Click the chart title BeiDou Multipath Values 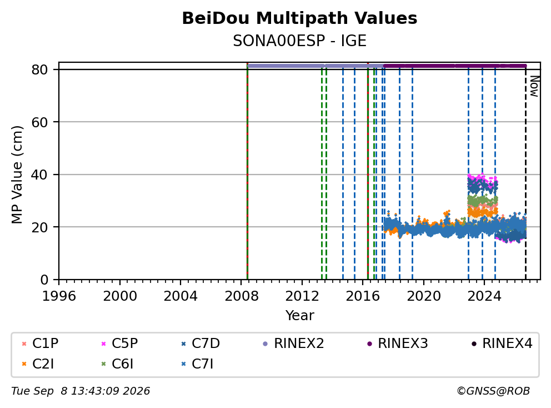[299, 18]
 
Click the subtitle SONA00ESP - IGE [299, 41]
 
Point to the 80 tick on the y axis [39, 69]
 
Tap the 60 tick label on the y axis [39, 122]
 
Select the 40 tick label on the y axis [39, 175]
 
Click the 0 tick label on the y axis [44, 280]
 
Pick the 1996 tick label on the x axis [59, 296]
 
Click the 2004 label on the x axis [181, 296]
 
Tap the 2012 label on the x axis [302, 296]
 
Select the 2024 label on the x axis [484, 296]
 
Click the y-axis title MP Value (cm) [17, 175]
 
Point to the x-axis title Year [299, 316]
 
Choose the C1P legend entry [40, 344]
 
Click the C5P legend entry [119, 344]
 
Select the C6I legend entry [117, 364]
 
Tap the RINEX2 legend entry [294, 344]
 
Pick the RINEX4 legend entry [502, 344]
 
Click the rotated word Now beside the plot [534, 86]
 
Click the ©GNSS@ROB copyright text [493, 391]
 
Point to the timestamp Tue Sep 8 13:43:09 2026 [81, 391]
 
